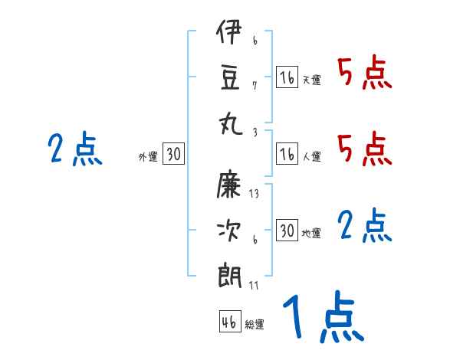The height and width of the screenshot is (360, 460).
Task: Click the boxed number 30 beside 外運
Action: [x=173, y=155]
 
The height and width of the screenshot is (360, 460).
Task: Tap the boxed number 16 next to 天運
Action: [x=287, y=77]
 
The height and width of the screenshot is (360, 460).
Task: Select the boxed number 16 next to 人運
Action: [x=287, y=155]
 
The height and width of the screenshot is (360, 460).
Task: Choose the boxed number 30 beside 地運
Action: [x=287, y=231]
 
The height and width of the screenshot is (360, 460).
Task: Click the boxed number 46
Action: [x=229, y=322]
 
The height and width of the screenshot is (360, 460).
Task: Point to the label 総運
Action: [x=255, y=325]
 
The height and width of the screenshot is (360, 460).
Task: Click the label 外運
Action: [x=148, y=157]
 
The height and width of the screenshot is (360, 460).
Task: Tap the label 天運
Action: [x=311, y=80]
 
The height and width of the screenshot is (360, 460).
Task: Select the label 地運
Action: [x=311, y=233]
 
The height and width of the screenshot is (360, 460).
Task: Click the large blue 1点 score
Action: [x=322, y=318]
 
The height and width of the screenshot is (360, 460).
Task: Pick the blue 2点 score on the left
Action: [x=75, y=149]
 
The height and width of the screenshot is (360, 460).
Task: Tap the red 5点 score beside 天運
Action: [x=365, y=74]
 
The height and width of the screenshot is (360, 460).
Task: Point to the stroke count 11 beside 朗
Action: [x=254, y=285]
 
